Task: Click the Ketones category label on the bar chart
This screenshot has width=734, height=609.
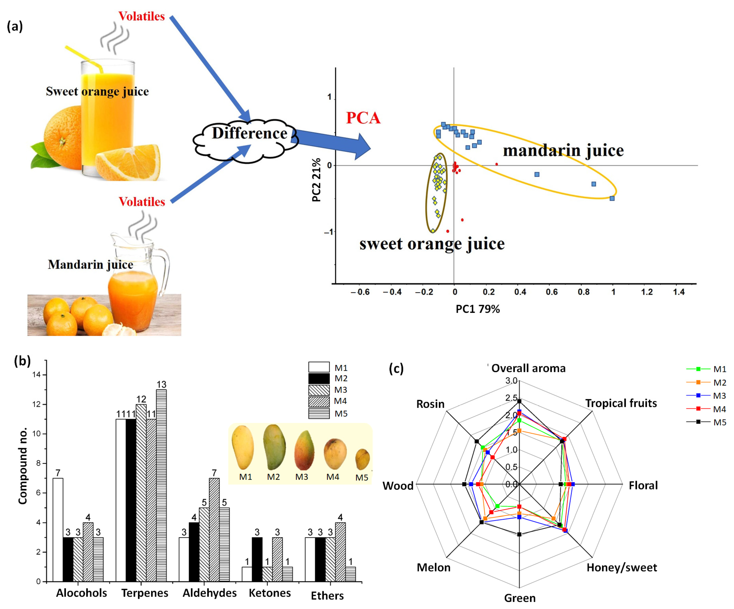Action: (269, 593)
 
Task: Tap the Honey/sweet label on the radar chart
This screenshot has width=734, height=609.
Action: (622, 567)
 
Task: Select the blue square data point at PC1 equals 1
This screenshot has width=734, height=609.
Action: (612, 198)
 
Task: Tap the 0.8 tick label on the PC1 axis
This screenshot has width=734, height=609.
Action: (583, 292)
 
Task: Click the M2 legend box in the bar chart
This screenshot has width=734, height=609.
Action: (319, 379)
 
